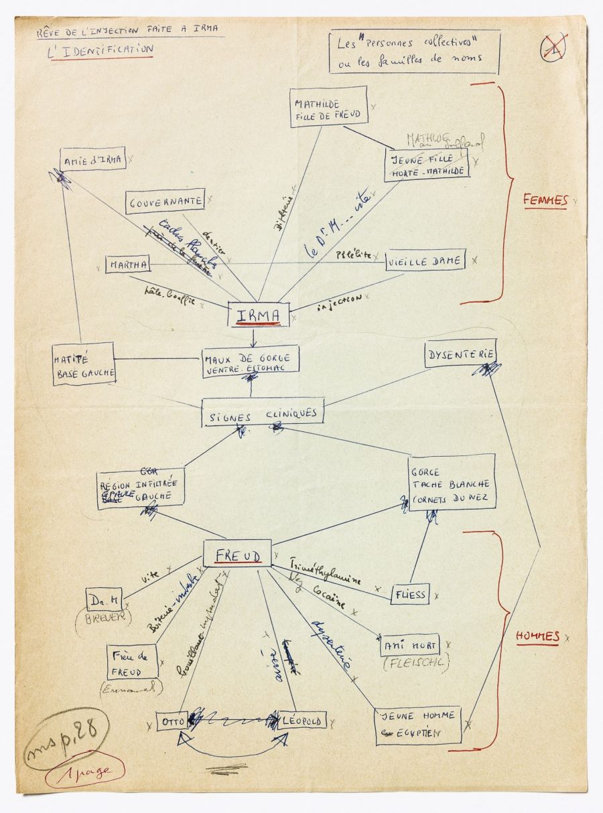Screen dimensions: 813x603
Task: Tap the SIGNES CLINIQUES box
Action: (x=263, y=413)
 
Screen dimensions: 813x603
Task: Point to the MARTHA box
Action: (x=127, y=265)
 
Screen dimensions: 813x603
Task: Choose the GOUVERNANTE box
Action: (x=165, y=202)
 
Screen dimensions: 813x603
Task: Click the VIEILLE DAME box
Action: (x=425, y=261)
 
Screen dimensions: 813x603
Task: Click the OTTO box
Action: (x=170, y=721)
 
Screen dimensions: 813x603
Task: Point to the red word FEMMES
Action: (x=545, y=200)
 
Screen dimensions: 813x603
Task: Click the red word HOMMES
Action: (x=537, y=637)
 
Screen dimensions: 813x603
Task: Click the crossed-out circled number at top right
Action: (x=554, y=46)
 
